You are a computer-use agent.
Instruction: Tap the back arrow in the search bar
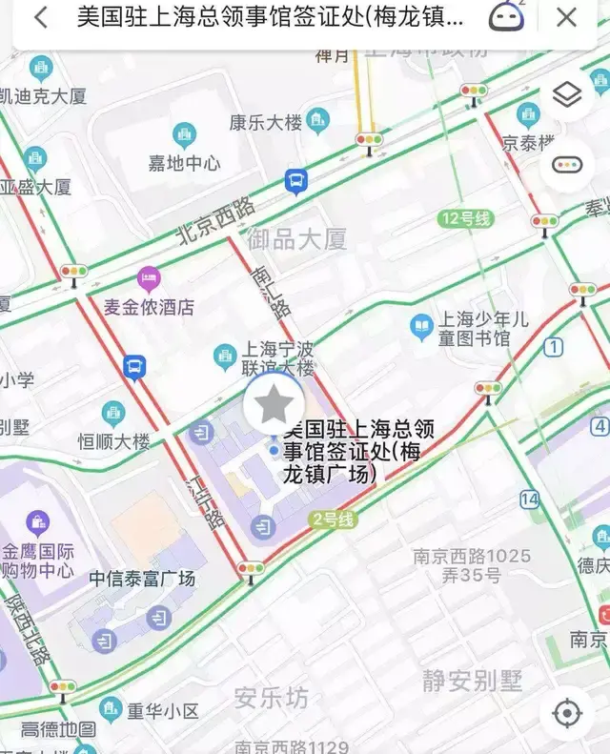40,17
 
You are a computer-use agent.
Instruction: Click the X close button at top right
567,17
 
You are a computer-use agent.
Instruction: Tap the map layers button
567,95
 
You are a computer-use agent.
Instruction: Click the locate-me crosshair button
567,713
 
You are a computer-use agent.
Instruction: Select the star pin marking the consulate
274,405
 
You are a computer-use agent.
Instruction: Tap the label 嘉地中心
184,163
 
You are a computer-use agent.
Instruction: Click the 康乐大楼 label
266,122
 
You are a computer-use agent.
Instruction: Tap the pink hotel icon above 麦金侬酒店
149,279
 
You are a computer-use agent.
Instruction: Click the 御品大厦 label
296,239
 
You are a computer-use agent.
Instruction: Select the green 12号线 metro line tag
467,219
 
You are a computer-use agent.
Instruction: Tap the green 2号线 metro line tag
332,520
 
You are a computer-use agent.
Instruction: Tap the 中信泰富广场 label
142,579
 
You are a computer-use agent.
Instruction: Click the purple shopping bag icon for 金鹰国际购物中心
38,522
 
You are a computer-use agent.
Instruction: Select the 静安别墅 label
473,681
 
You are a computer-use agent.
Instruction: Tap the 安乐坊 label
272,699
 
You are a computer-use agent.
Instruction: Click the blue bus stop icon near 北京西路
296,180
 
